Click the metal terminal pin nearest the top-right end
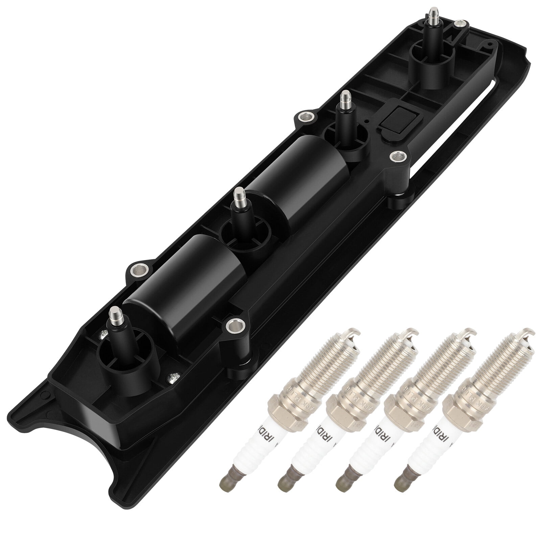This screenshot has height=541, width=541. point(432,17)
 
